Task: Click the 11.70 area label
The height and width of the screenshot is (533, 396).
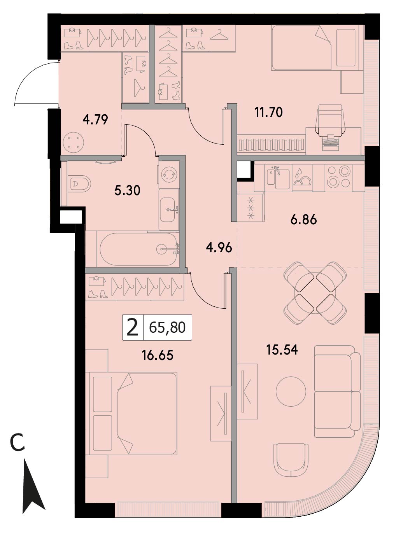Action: [x=268, y=112]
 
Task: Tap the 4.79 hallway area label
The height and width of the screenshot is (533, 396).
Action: [x=95, y=120]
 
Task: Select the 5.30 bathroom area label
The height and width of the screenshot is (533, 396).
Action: [x=127, y=190]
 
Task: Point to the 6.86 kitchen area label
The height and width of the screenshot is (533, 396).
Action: [x=303, y=220]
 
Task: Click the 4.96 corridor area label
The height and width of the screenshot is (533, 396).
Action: [x=219, y=247]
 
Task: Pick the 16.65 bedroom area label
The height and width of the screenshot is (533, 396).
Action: [x=158, y=355]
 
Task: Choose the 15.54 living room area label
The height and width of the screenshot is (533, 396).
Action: [x=282, y=350]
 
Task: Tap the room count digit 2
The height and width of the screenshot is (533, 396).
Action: [x=133, y=327]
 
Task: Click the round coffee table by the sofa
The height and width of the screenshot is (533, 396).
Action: [x=291, y=391]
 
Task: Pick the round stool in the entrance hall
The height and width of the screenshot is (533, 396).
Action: [x=74, y=143]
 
